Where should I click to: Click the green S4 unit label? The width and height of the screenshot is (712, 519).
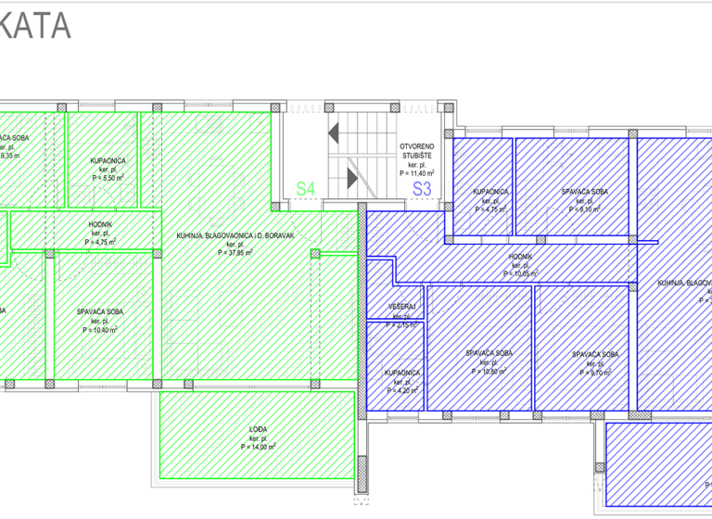pyautogui.click(x=306, y=189)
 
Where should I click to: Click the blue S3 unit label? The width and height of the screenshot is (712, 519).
pyautogui.click(x=422, y=189)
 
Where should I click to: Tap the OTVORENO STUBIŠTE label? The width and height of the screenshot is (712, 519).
pyautogui.click(x=417, y=153)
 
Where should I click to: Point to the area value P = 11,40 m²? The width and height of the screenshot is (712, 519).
pyautogui.click(x=417, y=173)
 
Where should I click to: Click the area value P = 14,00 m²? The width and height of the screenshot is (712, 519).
pyautogui.click(x=259, y=447)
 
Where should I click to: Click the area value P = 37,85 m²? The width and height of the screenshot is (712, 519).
pyautogui.click(x=235, y=251)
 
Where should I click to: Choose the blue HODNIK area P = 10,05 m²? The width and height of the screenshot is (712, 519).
pyautogui.click(x=521, y=274)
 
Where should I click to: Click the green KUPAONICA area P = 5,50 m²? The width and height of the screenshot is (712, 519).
pyautogui.click(x=104, y=177)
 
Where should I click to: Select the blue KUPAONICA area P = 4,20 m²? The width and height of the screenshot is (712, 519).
pyautogui.click(x=401, y=390)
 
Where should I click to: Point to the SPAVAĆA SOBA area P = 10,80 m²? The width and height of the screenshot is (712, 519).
pyautogui.click(x=489, y=372)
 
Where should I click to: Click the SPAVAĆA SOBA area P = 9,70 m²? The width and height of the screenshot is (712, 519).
pyautogui.click(x=595, y=372)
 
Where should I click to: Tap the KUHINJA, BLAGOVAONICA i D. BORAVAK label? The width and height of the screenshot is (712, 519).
pyautogui.click(x=235, y=235)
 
